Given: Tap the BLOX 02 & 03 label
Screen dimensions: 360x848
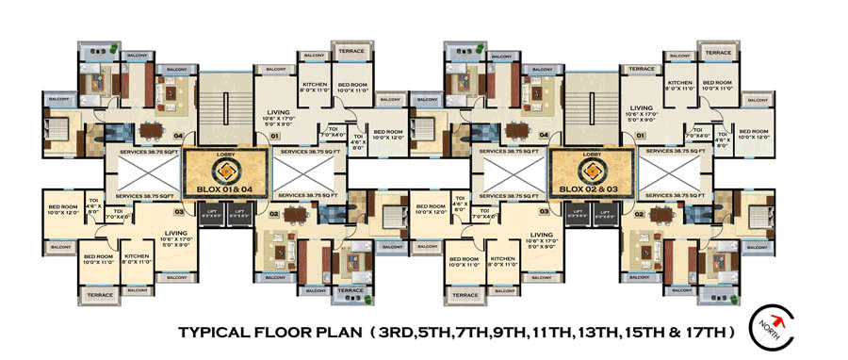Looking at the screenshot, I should [591, 188].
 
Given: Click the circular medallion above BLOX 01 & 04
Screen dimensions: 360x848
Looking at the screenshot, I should [225, 171].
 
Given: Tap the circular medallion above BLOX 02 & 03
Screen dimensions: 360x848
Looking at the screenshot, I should [592, 171].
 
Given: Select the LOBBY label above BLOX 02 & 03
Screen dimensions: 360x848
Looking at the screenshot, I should [592, 154].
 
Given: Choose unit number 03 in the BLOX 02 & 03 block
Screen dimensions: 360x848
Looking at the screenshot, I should [545, 212].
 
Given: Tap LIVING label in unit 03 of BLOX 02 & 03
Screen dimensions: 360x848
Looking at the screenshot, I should [540, 235].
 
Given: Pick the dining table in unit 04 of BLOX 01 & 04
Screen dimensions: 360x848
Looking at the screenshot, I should [151, 131].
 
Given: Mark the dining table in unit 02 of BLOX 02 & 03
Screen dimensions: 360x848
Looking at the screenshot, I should [664, 214].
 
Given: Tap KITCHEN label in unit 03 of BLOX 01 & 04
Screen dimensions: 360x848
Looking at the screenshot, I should [137, 256].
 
